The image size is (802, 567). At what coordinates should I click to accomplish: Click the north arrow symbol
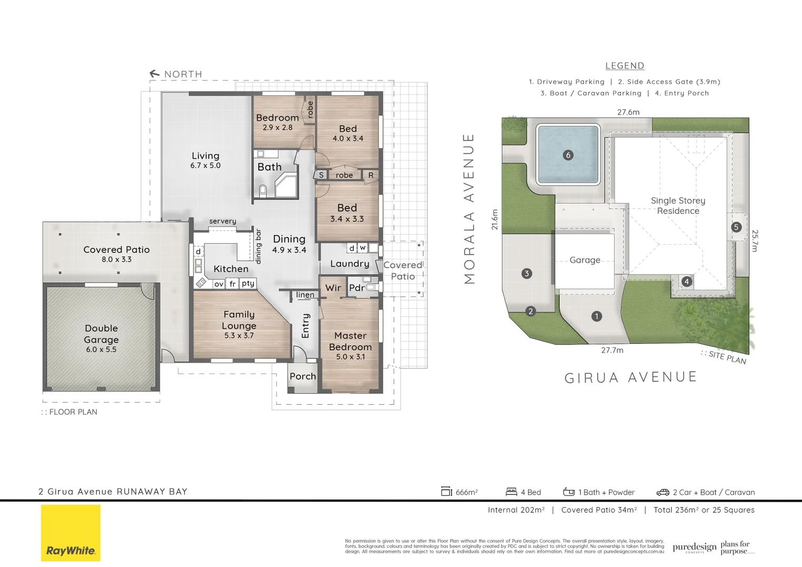tap(154, 74)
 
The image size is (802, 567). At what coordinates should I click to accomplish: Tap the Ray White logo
tap(70, 533)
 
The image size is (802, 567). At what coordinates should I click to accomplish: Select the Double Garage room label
tap(101, 334)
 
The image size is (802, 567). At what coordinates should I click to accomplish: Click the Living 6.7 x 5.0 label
tap(205, 160)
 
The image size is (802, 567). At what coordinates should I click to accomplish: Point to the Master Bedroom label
tap(350, 341)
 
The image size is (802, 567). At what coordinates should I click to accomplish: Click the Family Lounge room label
tap(239, 320)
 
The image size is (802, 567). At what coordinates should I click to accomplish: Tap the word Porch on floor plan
tap(303, 376)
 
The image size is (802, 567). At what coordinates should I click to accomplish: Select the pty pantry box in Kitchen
tap(248, 283)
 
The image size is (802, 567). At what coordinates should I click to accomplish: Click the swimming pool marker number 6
tap(567, 155)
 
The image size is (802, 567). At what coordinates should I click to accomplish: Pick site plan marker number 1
tap(596, 316)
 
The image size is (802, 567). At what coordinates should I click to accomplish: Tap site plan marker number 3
tap(526, 273)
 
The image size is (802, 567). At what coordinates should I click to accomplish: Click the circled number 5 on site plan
tap(736, 227)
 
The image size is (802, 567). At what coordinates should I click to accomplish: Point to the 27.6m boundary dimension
tap(628, 112)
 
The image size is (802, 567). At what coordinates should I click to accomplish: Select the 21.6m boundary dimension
tap(494, 219)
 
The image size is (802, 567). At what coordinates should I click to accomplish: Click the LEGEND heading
tap(625, 66)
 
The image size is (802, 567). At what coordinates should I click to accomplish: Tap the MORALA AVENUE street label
tap(469, 208)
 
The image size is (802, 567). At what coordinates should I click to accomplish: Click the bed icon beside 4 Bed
tap(511, 492)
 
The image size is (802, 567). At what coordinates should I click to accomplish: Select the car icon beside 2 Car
tap(663, 492)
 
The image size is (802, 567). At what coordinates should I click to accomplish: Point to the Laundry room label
tap(350, 264)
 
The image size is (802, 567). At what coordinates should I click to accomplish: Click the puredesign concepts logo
tap(694, 548)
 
